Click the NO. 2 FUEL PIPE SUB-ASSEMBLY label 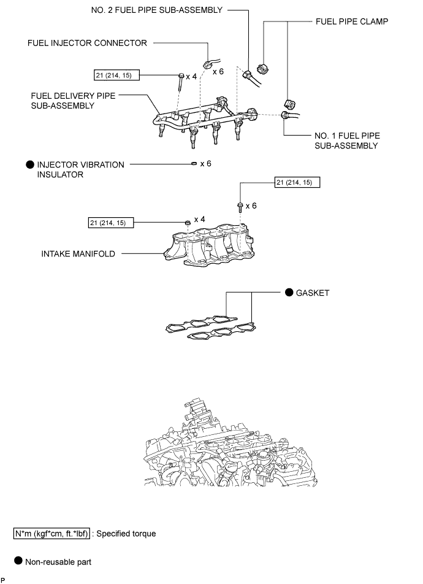[x=157, y=10]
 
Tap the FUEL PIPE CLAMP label [x=351, y=21]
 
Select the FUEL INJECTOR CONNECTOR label [x=87, y=43]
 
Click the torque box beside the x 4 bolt [x=116, y=75]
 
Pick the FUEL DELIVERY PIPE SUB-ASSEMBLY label [x=73, y=101]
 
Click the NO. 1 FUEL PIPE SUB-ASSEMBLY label [x=347, y=141]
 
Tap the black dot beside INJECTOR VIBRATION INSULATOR [x=30, y=164]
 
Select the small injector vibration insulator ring [x=194, y=164]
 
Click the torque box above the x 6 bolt [x=297, y=182]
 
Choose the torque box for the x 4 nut [x=111, y=223]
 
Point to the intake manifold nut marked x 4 [x=188, y=222]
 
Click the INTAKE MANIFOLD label [x=78, y=254]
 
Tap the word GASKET [x=313, y=293]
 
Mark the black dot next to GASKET [x=289, y=293]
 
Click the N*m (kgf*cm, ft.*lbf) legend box [x=51, y=533]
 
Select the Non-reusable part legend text [x=58, y=562]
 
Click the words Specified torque [x=126, y=534]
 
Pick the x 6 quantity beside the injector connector [x=218, y=71]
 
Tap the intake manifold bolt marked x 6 [x=240, y=207]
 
